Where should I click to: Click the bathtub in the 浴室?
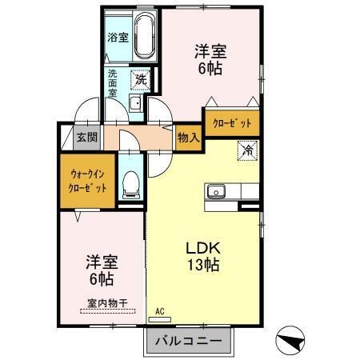pyautogui.click(x=145, y=38)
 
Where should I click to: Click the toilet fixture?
pyautogui.click(x=131, y=186)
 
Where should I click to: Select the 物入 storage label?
pyautogui.click(x=189, y=138)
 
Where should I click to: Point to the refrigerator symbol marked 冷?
pyautogui.click(x=248, y=150)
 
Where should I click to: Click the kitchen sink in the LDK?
pyautogui.click(x=216, y=192)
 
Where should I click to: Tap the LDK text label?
pyautogui.click(x=202, y=247)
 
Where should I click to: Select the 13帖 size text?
pyautogui.click(x=202, y=265)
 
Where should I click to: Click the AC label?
pyautogui.click(x=159, y=311)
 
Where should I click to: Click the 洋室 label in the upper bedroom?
pyautogui.click(x=210, y=52)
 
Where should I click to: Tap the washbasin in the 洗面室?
pyautogui.click(x=135, y=104)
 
